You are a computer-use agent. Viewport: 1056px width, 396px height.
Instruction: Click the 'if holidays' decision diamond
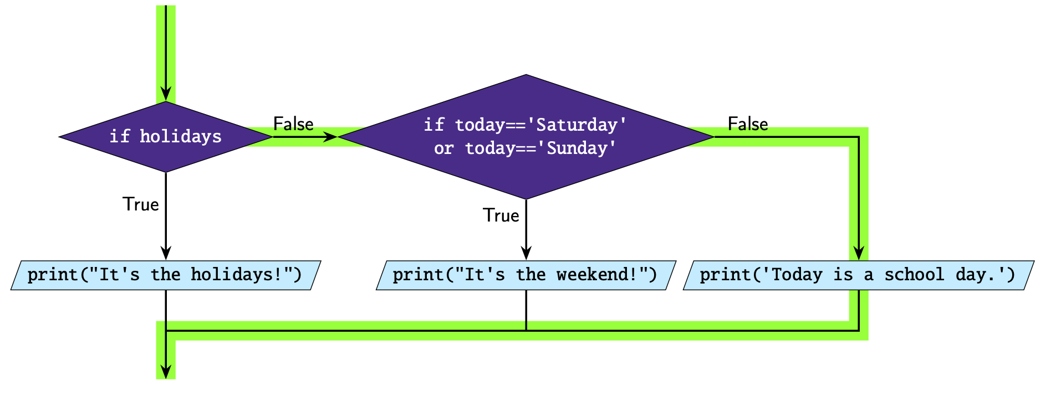[x=166, y=137]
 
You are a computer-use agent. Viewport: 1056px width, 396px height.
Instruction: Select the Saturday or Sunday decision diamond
[x=526, y=137]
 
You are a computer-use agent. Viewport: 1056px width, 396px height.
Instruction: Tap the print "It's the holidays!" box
[x=166, y=275]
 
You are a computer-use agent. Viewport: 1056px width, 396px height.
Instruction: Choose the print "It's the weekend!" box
[x=526, y=275]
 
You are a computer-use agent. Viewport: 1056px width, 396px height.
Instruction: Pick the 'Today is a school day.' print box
[x=859, y=275]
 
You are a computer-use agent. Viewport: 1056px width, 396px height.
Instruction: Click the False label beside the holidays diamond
[x=293, y=124]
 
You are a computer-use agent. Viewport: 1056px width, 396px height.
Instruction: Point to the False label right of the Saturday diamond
[x=748, y=124]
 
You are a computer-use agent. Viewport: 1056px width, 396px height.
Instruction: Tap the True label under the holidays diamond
[x=141, y=204]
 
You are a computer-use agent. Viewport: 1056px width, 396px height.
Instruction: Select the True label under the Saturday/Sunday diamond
[x=501, y=215]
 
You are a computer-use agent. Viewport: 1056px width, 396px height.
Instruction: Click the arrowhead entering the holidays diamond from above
[x=166, y=94]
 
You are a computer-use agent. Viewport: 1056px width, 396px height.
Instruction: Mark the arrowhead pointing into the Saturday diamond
[x=330, y=137]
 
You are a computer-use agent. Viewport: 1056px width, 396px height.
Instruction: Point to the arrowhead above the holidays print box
[x=166, y=253]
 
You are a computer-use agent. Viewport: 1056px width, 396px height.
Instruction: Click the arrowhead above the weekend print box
[x=526, y=253]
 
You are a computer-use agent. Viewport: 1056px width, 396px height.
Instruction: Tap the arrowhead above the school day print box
[x=859, y=253]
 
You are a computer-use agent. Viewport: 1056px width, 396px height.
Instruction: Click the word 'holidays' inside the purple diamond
[x=181, y=136]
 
